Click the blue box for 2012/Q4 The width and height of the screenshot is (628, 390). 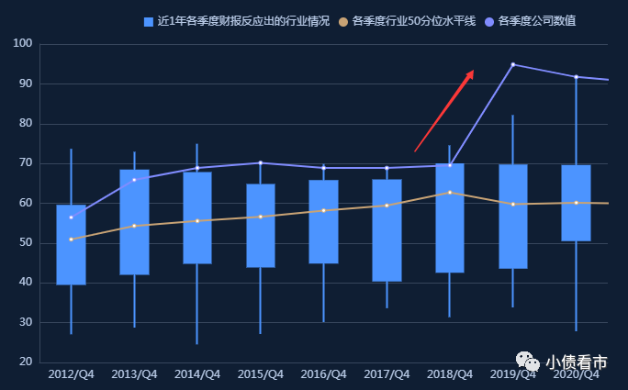[x=71, y=245]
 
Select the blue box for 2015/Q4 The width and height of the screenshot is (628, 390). [x=261, y=226]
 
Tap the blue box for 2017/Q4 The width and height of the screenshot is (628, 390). [x=387, y=230]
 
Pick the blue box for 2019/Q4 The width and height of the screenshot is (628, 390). [x=512, y=217]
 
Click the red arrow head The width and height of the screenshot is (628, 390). [x=470, y=74]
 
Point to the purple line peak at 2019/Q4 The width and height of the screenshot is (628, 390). [x=512, y=64]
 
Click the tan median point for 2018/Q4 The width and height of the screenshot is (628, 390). [x=450, y=193]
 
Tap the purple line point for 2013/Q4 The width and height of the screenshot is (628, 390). [x=134, y=180]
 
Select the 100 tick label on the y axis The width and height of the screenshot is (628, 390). [x=23, y=44]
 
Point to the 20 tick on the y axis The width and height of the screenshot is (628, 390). [x=26, y=362]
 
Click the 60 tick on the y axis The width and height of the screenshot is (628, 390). [x=26, y=203]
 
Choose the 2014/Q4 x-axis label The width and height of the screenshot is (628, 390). [x=197, y=374]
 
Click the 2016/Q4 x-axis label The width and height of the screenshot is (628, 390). [x=323, y=374]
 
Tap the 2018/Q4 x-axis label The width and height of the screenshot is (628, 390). [x=450, y=374]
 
